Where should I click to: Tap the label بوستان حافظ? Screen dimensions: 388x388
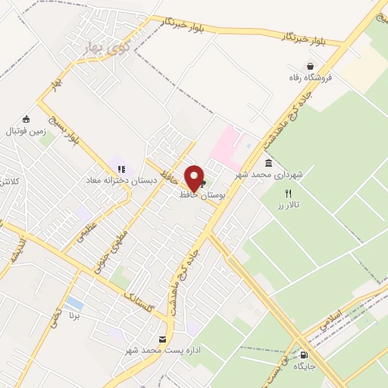199,195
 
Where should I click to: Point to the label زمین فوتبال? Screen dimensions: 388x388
26,130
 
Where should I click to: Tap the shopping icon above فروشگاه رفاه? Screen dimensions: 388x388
310,67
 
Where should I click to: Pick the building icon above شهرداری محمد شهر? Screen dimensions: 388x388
268,164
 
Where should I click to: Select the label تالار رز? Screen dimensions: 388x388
289,205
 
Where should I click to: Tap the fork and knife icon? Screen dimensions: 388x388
288,194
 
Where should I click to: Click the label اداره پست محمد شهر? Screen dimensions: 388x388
161,350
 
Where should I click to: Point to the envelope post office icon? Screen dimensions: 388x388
161,339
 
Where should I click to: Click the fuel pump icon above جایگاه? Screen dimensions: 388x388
305,354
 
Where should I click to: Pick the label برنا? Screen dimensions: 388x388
74,314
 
